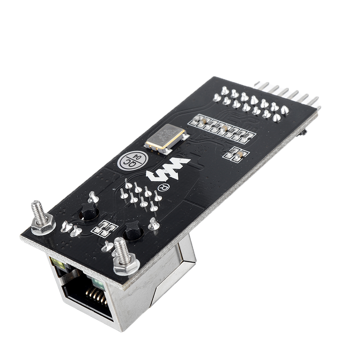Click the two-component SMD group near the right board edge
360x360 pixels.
point(236,154)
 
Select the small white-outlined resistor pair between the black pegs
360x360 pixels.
point(105,228)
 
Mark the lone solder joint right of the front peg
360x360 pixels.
point(154,224)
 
